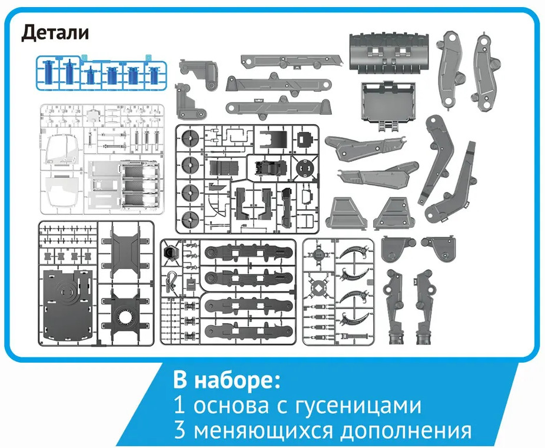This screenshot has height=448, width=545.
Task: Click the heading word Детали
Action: [x=55, y=33]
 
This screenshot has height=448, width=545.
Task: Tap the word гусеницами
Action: [x=358, y=405]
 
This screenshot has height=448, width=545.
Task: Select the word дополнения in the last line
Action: [x=406, y=431]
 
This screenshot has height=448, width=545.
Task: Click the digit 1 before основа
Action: [x=180, y=405]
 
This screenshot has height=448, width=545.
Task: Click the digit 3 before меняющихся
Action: [x=180, y=430]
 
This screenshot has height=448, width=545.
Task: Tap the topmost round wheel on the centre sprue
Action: [x=190, y=140]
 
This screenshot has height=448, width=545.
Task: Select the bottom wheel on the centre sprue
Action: [x=190, y=219]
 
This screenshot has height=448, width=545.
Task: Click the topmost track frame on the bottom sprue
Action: [x=248, y=253]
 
